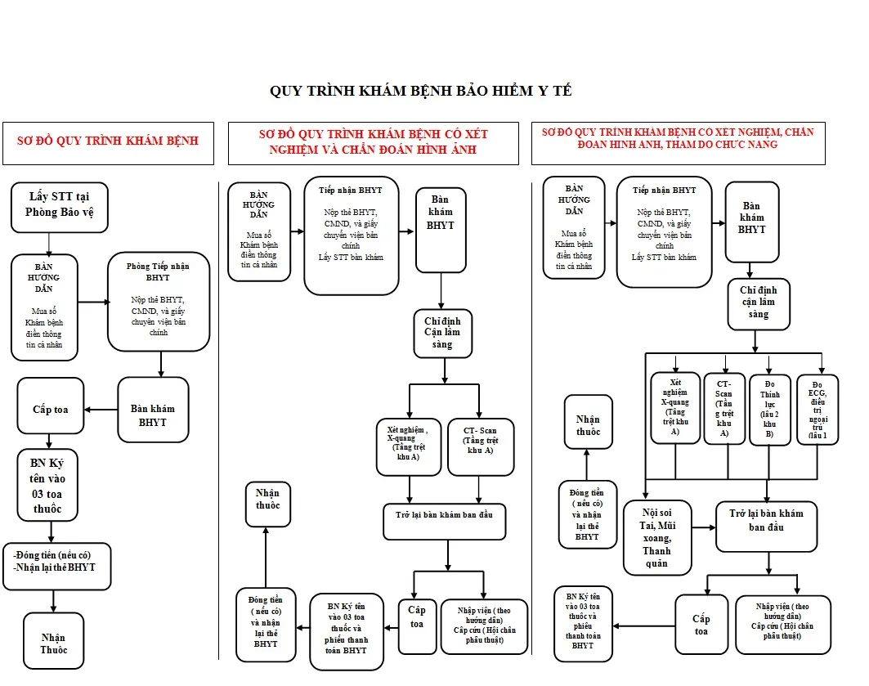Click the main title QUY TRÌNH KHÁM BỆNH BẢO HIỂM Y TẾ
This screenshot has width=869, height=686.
coord(420,91)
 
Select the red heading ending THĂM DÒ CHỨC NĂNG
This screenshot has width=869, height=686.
coord(678,144)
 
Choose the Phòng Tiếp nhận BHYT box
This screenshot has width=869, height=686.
coord(159,302)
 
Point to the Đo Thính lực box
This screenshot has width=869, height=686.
coord(769,408)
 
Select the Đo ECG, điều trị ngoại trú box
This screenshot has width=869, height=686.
coord(817,408)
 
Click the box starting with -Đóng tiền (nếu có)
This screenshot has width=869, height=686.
coord(56,561)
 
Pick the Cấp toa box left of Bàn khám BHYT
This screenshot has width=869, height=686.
coord(50,406)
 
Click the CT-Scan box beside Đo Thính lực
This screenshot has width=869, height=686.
coord(724,408)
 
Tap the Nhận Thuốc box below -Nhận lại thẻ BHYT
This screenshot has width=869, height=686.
coord(54,643)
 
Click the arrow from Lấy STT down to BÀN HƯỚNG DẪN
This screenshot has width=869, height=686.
coord(49,244)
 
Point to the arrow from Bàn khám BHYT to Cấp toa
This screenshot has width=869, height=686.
coord(101,410)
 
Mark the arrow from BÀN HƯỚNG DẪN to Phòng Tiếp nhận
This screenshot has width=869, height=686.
coord(93,302)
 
